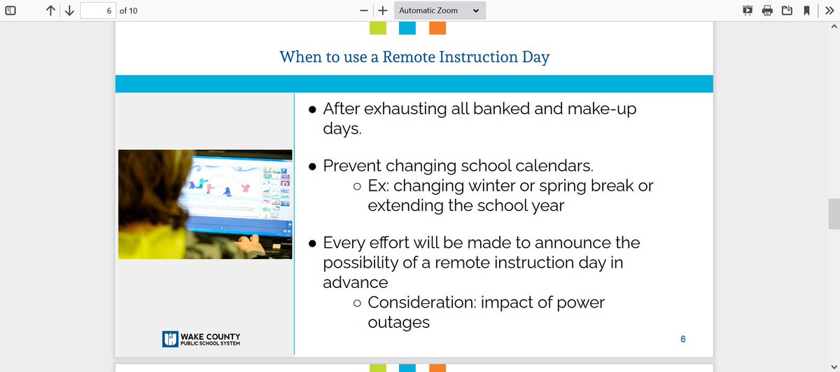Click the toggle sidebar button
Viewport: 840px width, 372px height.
coord(10,11)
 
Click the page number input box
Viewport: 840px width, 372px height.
coord(98,11)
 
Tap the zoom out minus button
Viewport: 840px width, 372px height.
coord(363,11)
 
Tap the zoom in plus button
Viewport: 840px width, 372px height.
coord(382,11)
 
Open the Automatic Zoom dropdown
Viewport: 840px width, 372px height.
coord(440,11)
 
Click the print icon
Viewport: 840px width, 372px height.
coord(767,11)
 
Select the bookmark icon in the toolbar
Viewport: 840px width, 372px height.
coord(806,11)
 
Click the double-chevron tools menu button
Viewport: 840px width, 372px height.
coord(829,11)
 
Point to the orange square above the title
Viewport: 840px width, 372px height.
coord(437,28)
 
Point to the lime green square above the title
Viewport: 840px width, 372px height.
coord(377,28)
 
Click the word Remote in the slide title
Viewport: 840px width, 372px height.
coord(409,57)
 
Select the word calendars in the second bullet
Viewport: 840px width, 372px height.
coord(554,166)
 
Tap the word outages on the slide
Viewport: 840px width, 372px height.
coord(398,322)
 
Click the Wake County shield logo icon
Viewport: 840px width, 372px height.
coord(170,339)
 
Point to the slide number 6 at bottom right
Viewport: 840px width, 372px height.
coord(683,339)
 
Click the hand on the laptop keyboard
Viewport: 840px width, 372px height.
coord(251,244)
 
